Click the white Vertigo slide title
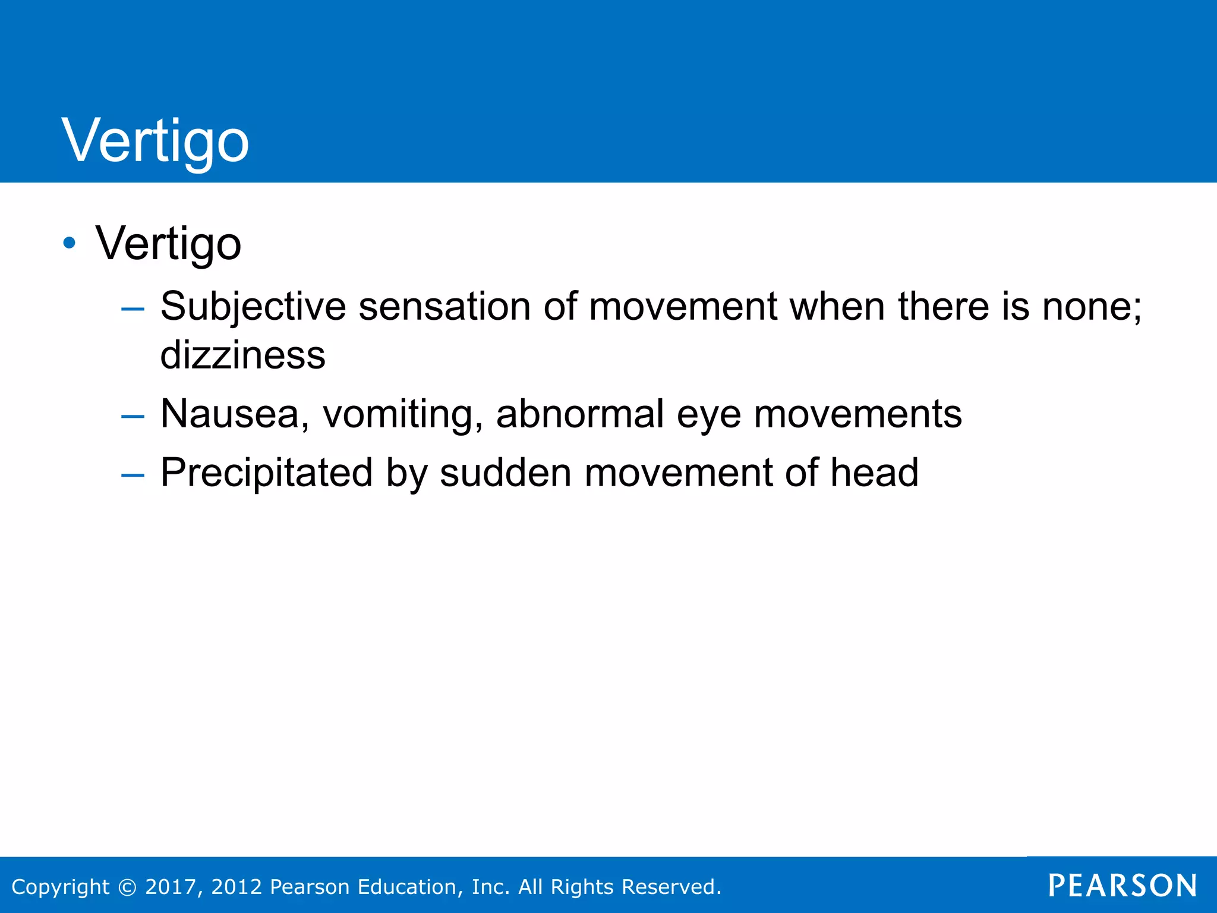[x=156, y=141]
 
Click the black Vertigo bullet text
[x=169, y=243]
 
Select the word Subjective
[x=253, y=307]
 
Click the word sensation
[x=444, y=307]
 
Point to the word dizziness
[x=243, y=355]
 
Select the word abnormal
[x=580, y=414]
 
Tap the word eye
[x=708, y=415]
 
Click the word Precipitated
[x=267, y=473]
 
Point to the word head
[x=874, y=473]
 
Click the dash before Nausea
[x=133, y=416]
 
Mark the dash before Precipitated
[x=133, y=475]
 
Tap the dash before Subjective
[x=133, y=308]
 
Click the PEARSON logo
[x=1123, y=886]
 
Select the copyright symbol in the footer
[x=127, y=887]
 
